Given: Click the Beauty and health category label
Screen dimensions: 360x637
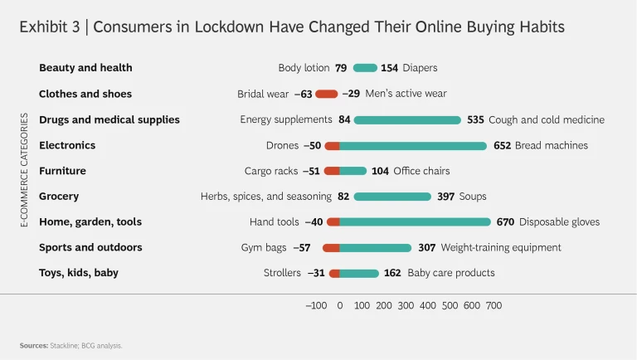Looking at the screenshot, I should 85,68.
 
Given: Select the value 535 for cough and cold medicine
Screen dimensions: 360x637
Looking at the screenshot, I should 475,119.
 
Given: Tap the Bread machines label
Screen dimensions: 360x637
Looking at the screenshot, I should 551,145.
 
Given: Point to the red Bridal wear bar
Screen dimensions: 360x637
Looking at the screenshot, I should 327,94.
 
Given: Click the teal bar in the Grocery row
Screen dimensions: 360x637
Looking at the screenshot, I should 392,197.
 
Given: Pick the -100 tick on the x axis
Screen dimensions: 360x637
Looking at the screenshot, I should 316,305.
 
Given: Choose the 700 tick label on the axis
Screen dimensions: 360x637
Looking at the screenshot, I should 494,305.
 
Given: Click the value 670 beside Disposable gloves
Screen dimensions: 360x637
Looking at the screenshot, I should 505,222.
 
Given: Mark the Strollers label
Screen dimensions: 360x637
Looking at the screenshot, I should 282,273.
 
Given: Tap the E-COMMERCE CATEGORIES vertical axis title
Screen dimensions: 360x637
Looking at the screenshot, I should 24,170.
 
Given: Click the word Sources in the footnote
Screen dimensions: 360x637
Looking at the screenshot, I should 33,345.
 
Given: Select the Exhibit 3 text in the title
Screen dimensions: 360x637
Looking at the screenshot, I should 51,27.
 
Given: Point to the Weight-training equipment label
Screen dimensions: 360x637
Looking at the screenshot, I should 500,248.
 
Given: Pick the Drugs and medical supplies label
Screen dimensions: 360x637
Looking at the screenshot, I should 109,119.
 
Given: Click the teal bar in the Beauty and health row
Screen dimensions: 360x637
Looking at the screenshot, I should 365,68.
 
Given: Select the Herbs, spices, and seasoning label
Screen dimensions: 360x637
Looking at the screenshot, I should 265,197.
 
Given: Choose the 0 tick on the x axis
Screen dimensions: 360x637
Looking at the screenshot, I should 340,305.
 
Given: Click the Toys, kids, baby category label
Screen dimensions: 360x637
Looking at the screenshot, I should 78,273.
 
